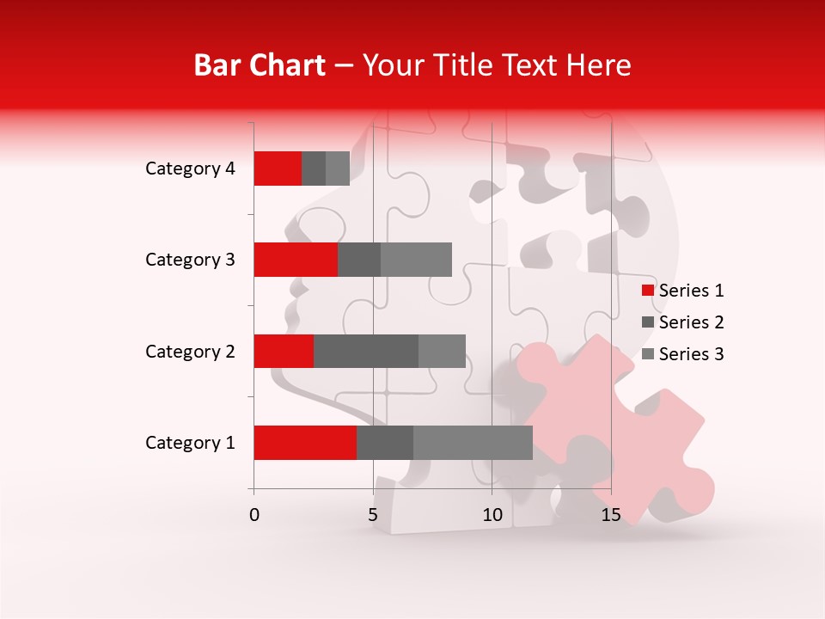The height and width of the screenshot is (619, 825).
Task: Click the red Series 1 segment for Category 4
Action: [278, 169]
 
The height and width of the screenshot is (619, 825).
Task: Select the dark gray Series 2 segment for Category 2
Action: [366, 351]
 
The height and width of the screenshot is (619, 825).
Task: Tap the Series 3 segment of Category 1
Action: [473, 443]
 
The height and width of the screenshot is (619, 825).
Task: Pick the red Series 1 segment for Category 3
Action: [296, 260]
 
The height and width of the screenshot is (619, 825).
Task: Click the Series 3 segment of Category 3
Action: [416, 260]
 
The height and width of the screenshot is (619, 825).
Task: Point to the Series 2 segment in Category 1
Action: [385, 443]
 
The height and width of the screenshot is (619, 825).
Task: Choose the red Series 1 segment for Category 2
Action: [284, 351]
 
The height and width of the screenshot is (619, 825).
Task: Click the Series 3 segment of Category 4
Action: [338, 169]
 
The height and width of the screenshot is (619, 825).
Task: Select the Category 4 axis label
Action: [190, 169]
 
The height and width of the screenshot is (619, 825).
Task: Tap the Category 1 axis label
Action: [190, 443]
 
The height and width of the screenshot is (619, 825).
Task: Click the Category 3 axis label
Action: [190, 260]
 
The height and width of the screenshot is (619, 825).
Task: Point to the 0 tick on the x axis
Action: [254, 515]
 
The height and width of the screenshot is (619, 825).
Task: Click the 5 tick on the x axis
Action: [373, 515]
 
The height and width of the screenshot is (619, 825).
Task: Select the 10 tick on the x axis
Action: [492, 515]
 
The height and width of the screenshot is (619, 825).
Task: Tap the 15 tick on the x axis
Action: [610, 515]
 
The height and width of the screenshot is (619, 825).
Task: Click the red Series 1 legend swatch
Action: [647, 291]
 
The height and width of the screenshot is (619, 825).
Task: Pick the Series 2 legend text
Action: [691, 322]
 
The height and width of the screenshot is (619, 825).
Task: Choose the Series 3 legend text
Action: [691, 354]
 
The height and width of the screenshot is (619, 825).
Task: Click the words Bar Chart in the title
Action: [259, 65]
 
